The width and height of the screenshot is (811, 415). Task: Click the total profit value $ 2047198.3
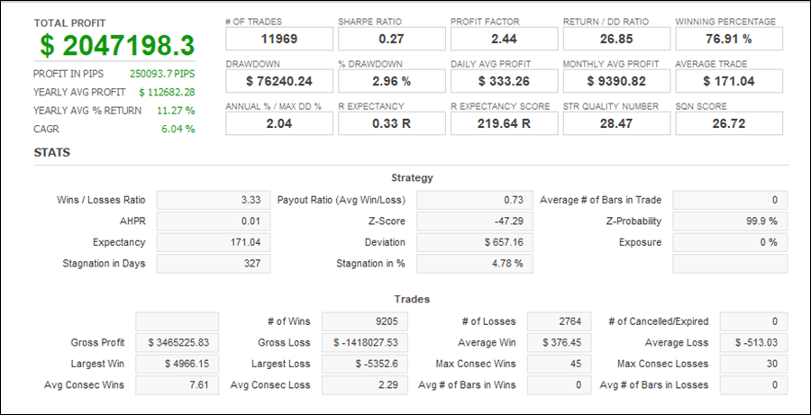[117, 45]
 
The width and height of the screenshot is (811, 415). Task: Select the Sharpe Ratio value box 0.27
[391, 39]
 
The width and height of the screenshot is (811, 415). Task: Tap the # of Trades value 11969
[278, 39]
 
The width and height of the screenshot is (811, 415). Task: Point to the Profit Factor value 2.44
[504, 39]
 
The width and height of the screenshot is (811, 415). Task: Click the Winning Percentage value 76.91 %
[728, 39]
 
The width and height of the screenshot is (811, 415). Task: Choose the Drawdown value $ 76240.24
[278, 81]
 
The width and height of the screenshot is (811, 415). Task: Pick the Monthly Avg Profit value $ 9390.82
[616, 81]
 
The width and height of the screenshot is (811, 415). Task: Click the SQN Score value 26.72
[728, 122]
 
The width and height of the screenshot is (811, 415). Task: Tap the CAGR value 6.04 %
[178, 129]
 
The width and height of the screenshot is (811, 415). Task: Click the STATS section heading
[52, 152]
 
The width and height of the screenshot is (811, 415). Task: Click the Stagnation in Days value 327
[211, 263]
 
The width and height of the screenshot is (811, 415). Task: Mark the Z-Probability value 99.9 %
[730, 221]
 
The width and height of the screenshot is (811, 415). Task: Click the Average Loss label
[677, 343]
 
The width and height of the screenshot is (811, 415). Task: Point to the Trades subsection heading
[412, 299]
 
